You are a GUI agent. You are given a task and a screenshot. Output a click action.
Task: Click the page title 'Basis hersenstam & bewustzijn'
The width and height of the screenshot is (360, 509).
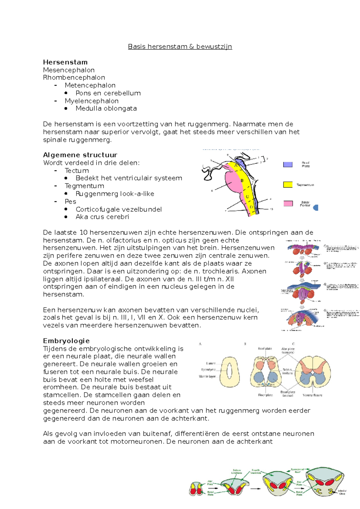click(180, 46)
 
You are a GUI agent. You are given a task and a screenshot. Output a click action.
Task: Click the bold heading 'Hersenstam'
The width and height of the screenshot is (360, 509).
click(65, 62)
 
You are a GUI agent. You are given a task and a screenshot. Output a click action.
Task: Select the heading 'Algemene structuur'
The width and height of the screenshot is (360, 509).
click(80, 155)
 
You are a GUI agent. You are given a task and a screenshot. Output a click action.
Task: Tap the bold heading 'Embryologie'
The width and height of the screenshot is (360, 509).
click(66, 341)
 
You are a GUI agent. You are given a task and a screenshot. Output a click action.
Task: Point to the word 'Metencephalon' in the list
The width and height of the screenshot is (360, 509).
click(90, 85)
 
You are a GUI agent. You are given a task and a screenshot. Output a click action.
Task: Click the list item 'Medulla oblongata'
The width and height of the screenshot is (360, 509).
click(106, 108)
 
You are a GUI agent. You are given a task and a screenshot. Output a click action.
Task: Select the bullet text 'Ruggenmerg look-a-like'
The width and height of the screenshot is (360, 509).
click(115, 194)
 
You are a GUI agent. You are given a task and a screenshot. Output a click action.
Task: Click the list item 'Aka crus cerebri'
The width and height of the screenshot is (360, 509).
click(102, 217)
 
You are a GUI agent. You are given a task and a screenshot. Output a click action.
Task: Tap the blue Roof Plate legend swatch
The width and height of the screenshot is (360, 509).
click(288, 164)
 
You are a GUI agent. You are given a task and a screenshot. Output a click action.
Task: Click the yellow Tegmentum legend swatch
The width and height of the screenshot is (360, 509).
click(288, 185)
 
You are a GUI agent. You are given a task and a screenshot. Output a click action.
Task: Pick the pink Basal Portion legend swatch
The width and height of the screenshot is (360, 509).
click(288, 204)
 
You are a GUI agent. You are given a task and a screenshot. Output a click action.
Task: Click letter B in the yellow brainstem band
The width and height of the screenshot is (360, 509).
click(242, 181)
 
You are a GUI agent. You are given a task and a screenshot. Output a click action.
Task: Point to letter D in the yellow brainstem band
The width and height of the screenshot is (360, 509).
click(251, 207)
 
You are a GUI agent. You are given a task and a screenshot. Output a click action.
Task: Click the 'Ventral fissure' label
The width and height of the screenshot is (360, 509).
click(312, 395)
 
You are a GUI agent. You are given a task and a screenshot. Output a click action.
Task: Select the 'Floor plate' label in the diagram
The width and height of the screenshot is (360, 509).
click(265, 395)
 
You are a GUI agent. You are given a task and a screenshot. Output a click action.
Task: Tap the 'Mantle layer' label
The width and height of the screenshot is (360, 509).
click(207, 376)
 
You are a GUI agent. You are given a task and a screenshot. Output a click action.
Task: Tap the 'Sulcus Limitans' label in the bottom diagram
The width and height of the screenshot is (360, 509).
click(236, 472)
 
